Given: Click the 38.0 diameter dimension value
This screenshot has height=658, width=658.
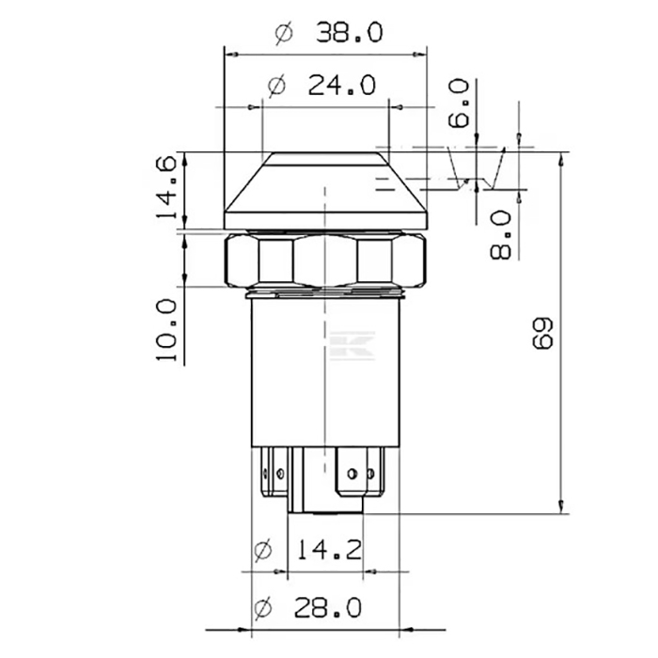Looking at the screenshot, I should [348, 34].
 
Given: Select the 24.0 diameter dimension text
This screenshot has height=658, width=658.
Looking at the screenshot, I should [340, 86].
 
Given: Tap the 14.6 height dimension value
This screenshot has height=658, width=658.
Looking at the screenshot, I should [165, 188].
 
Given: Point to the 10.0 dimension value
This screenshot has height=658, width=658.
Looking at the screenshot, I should [165, 331].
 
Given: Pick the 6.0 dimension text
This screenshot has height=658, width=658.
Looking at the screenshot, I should [458, 103].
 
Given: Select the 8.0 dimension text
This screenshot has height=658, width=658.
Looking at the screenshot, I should [500, 234].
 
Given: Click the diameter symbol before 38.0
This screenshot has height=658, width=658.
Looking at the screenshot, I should [285, 34].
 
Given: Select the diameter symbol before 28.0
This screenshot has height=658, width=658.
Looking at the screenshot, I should [265, 609].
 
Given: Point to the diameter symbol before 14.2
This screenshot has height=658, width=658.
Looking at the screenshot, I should [266, 549].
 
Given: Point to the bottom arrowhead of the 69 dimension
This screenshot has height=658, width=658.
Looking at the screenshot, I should [564, 509].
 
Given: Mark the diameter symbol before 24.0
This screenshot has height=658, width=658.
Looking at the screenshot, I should [276, 86].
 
